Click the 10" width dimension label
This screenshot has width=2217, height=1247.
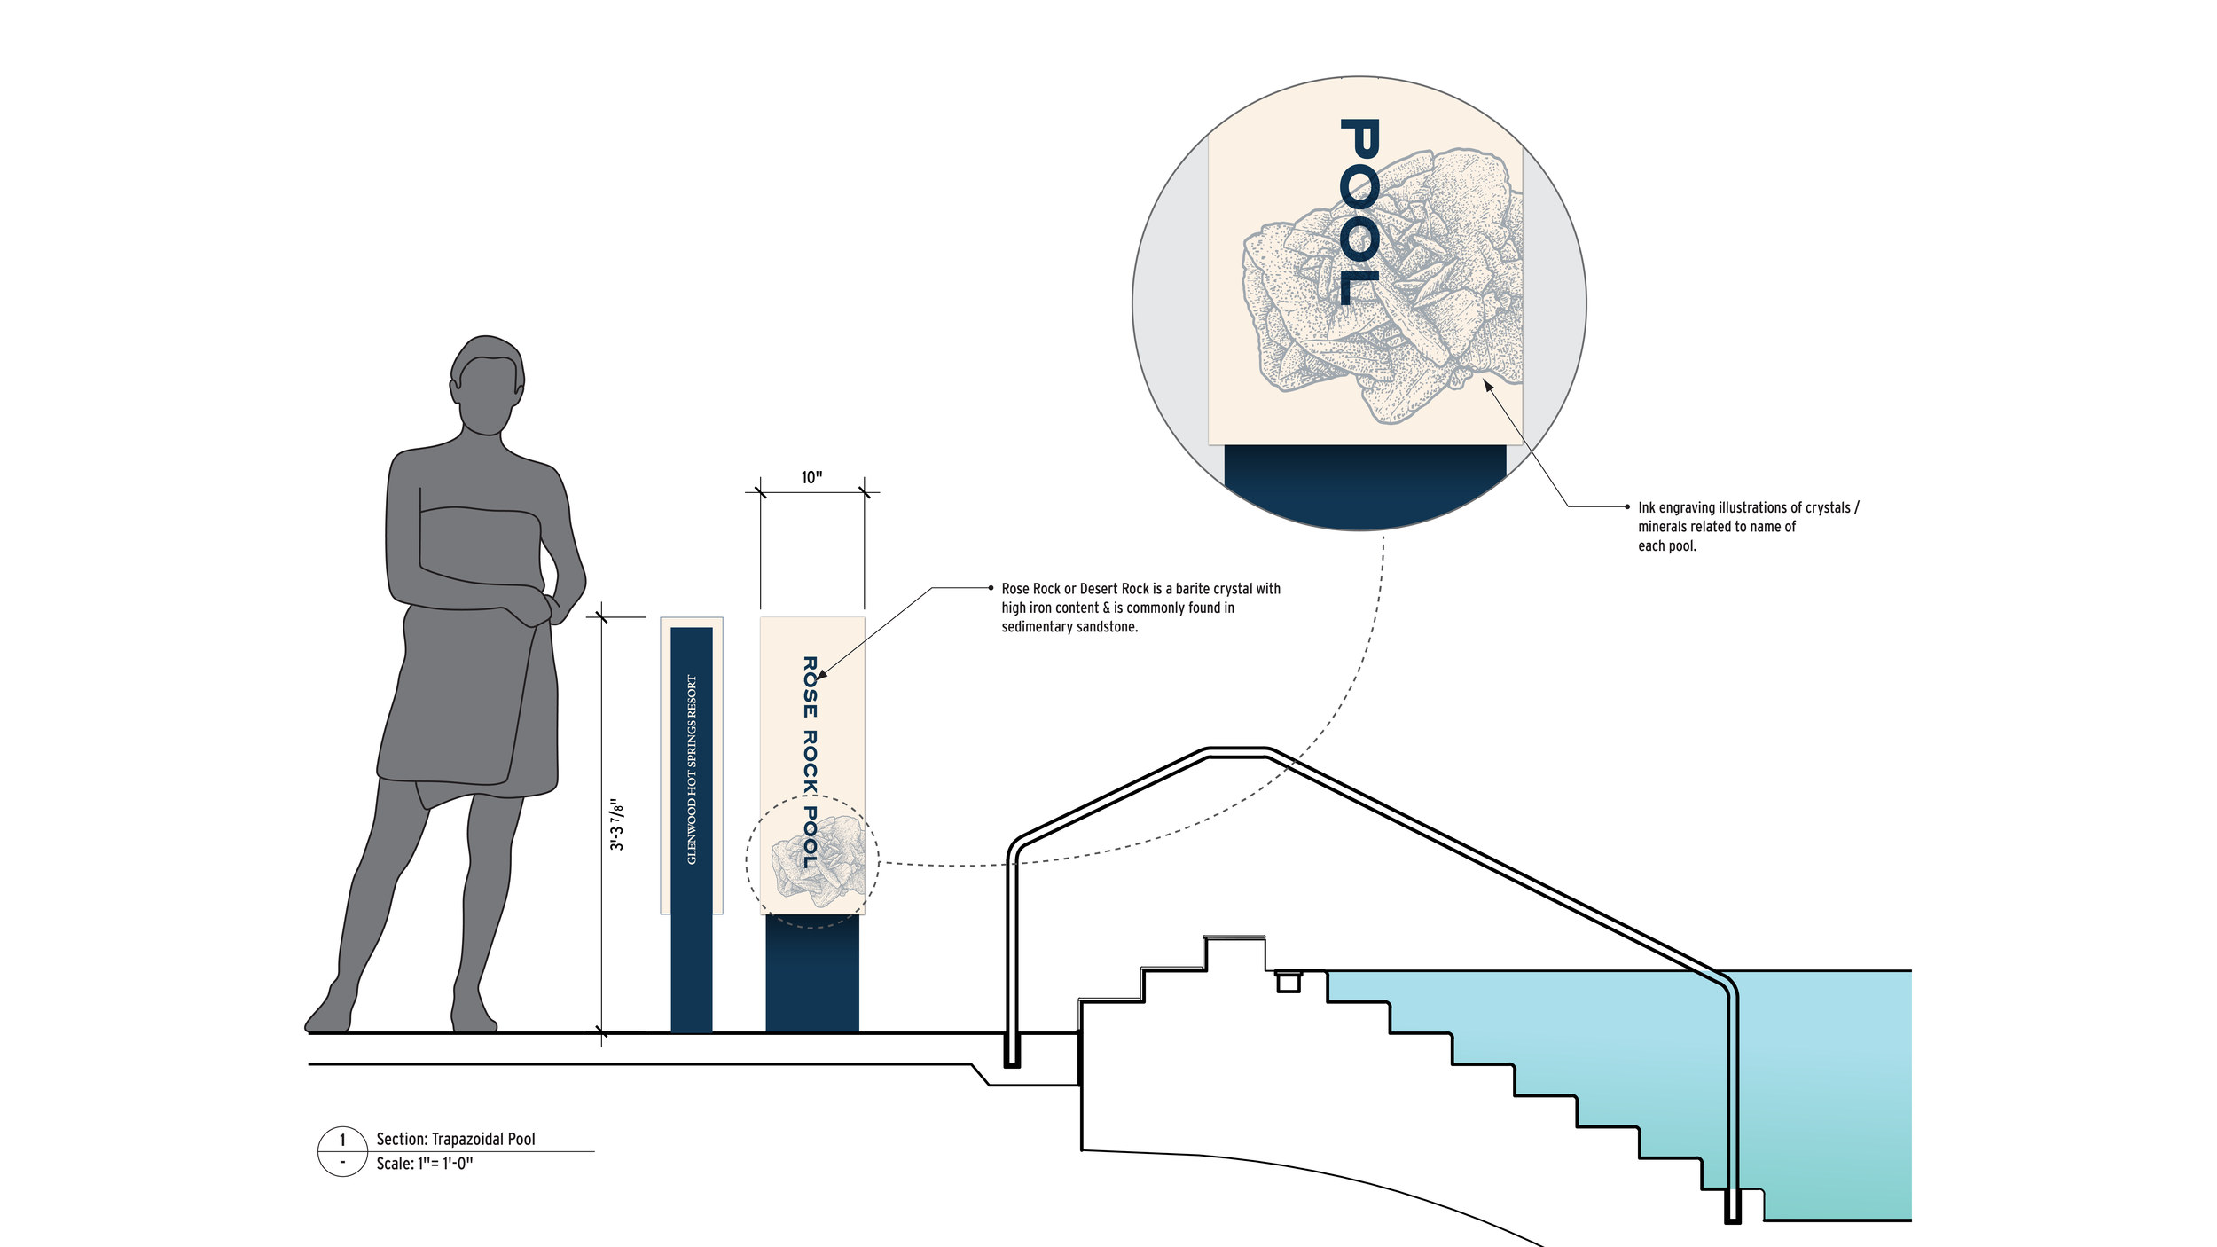pos(811,478)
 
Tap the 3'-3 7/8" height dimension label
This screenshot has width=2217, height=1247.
pos(617,825)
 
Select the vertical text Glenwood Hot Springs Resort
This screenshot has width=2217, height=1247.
pos(692,770)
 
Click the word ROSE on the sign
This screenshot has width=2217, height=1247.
pos(810,687)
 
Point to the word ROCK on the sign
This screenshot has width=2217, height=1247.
pos(810,761)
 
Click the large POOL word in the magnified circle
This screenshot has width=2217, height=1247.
pos(1359,212)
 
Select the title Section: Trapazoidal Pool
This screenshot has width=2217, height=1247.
pos(456,1139)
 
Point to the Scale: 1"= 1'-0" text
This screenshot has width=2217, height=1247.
pos(425,1164)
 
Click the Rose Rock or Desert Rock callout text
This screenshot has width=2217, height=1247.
pos(1140,608)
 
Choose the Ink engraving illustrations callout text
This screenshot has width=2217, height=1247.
pos(1747,526)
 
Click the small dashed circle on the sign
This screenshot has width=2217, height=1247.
pos(812,860)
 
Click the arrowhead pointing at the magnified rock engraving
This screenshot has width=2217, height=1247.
pos(1488,385)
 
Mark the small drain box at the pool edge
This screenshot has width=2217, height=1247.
pos(1288,982)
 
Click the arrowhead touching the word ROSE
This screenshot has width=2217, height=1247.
pos(820,676)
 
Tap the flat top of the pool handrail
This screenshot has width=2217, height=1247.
pos(1238,752)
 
